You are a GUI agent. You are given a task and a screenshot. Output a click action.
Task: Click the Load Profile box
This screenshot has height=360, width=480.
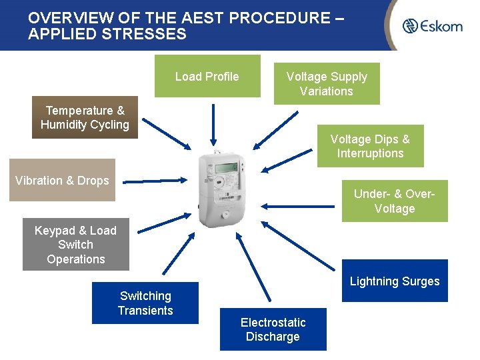pyautogui.click(x=207, y=76)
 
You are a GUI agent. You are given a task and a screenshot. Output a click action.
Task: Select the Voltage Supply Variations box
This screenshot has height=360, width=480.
pyautogui.click(x=327, y=84)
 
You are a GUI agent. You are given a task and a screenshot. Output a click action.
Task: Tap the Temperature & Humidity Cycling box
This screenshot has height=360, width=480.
pyautogui.click(x=85, y=117)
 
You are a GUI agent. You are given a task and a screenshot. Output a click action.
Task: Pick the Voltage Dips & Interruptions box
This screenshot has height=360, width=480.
pyautogui.click(x=370, y=146)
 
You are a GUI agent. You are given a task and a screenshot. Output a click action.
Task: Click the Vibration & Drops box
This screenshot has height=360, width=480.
pyautogui.click(x=62, y=180)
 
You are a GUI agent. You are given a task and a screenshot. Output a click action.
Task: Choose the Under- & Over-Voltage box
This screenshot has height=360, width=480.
pyautogui.click(x=395, y=201)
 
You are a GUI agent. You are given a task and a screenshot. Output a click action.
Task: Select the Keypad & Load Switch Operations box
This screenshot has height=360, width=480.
pyautogui.click(x=75, y=245)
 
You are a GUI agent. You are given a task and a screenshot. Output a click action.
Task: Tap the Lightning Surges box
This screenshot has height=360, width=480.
pyautogui.click(x=395, y=281)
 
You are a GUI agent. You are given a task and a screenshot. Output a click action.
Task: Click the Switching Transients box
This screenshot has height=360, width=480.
pyautogui.click(x=145, y=303)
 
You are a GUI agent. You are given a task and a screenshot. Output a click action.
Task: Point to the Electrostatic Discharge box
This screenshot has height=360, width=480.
pyautogui.click(x=273, y=329)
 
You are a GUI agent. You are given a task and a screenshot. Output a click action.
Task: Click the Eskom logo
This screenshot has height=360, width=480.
pyautogui.click(x=432, y=26)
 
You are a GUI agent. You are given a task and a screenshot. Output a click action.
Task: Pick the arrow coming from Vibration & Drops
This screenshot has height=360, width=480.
pyautogui.click(x=153, y=180)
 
